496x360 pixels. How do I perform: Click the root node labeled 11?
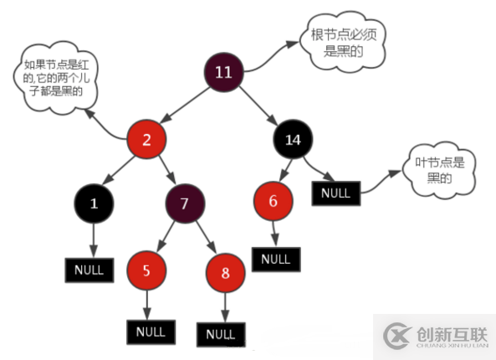223,71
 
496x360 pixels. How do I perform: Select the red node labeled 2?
146,139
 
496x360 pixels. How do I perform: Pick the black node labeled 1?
94,203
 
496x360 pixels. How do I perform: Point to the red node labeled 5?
147,270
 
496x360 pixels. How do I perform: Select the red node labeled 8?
223,274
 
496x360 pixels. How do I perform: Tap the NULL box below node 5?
150,331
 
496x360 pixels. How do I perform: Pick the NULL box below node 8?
220,334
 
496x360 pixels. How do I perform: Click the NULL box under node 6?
275,259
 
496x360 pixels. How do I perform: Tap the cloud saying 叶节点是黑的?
438,169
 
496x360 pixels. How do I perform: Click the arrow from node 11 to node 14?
263,107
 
